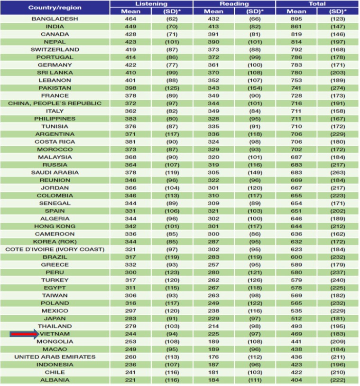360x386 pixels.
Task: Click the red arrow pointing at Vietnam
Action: pyautogui.click(x=24, y=334)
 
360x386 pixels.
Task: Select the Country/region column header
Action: pyautogui.click(x=55, y=7)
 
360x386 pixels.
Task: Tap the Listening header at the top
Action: pyautogui.click(x=151, y=3)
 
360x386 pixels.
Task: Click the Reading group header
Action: pyautogui.click(x=234, y=3)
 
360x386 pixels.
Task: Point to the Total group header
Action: pyautogui.click(x=317, y=3)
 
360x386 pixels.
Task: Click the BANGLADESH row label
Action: pyautogui.click(x=55, y=19)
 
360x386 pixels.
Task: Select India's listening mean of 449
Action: pyautogui.click(x=130, y=27)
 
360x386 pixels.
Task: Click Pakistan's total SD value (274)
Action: pyautogui.click(x=338, y=88)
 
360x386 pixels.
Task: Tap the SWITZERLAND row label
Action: pyautogui.click(x=55, y=49)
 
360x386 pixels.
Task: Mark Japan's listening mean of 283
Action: pyautogui.click(x=130, y=319)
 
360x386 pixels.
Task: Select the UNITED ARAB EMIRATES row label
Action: pyautogui.click(x=55, y=357)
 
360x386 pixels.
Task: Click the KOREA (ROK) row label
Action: pyautogui.click(x=55, y=242)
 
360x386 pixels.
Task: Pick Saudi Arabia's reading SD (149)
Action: pyautogui.click(x=255, y=172)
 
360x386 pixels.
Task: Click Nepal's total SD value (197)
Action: pyautogui.click(x=338, y=42)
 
